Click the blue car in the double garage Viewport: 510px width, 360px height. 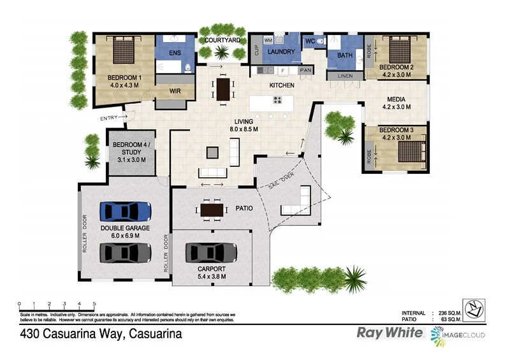[126, 211]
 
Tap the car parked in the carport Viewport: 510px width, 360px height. [212, 253]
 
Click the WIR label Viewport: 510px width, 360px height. [175, 91]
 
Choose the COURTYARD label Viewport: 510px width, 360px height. [222, 40]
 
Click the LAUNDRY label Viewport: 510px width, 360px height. [280, 52]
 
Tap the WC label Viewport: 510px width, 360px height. [310, 41]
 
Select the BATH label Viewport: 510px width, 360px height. [345, 55]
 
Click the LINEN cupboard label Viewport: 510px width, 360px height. [345, 76]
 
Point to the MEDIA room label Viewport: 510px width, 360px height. [397, 99]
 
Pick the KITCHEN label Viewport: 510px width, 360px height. [282, 85]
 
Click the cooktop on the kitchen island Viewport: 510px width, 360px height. [278, 100]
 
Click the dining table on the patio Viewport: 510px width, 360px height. [212, 208]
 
